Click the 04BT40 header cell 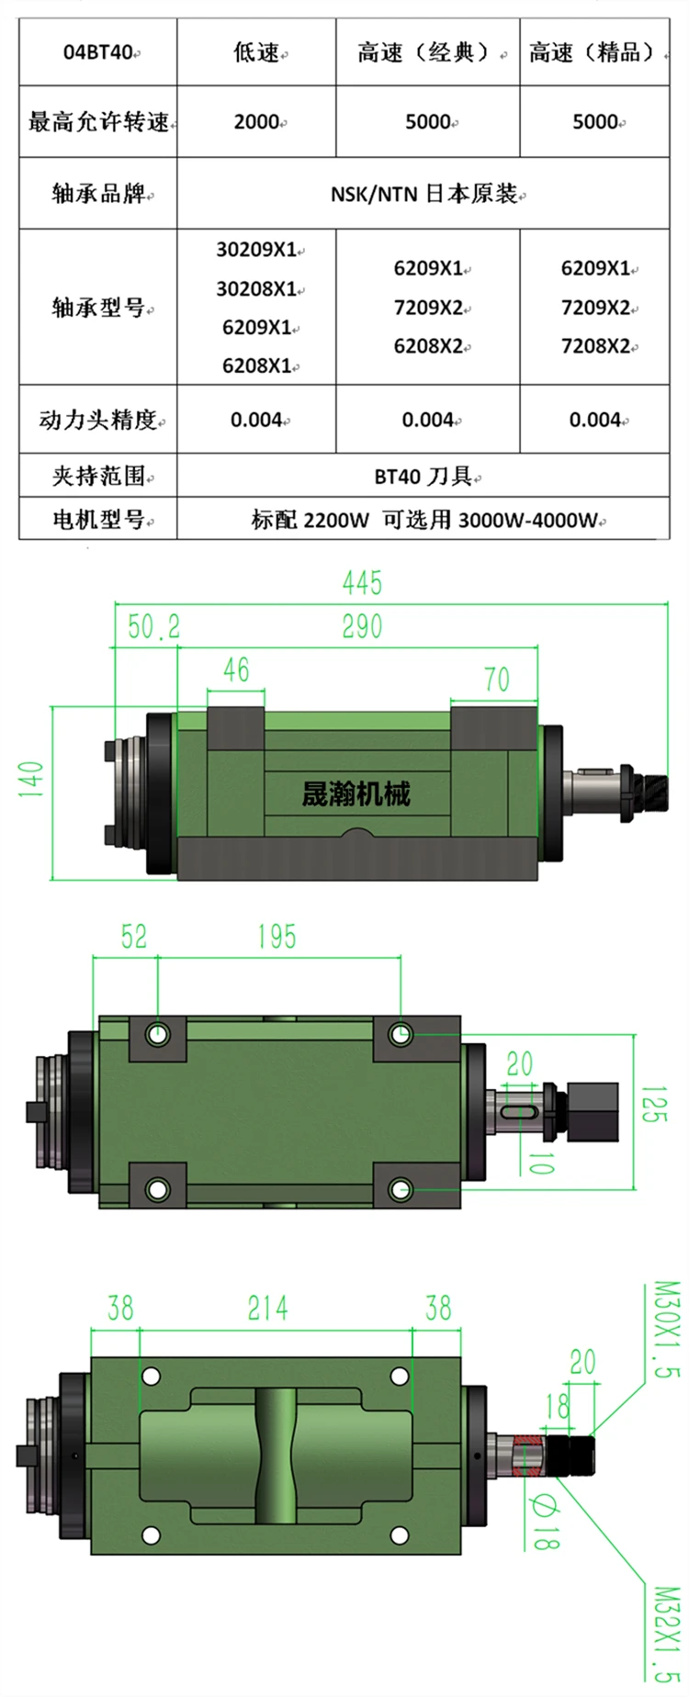point(98,52)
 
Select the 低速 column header point(256,52)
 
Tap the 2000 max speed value point(256,121)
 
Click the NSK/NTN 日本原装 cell point(424,194)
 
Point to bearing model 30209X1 point(256,250)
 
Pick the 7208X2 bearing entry point(595,346)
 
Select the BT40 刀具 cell point(424,476)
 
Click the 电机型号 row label point(98,520)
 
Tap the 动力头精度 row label point(98,420)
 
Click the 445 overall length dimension point(362,583)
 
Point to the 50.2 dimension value point(153,627)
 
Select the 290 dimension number point(362,627)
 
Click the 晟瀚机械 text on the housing point(356,793)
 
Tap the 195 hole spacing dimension point(277,937)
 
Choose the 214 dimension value point(267,1308)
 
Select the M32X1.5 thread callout point(670,1635)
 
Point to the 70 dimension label point(496,680)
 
